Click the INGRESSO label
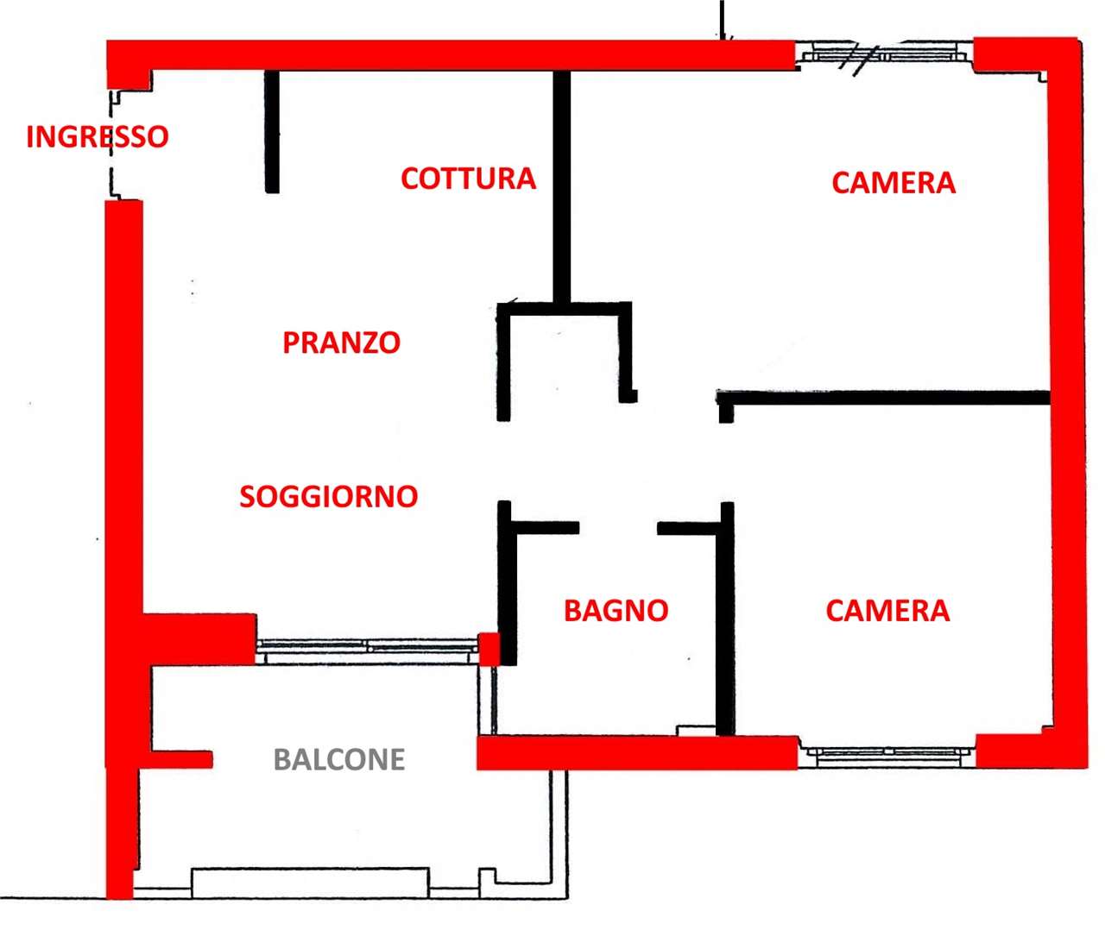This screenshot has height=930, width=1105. coord(98,136)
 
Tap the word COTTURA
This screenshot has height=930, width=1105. coord(469,179)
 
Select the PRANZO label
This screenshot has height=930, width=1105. coord(341,342)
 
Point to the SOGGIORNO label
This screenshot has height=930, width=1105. coord(329,496)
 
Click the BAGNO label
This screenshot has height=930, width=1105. coord(616,611)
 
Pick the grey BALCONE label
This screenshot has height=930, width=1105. coord(339,759)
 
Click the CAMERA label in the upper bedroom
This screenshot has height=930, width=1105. coord(893,183)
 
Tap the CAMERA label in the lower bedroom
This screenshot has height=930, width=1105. coord(887,611)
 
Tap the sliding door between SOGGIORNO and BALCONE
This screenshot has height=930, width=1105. coord(367,651)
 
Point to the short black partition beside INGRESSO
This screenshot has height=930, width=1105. coord(272,131)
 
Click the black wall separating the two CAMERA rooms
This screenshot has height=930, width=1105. coord(883,398)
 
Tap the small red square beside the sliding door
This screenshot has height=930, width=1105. coord(489,649)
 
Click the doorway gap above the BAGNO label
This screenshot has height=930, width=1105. coord(618,528)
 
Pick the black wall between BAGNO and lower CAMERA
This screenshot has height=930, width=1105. coord(726,619)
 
